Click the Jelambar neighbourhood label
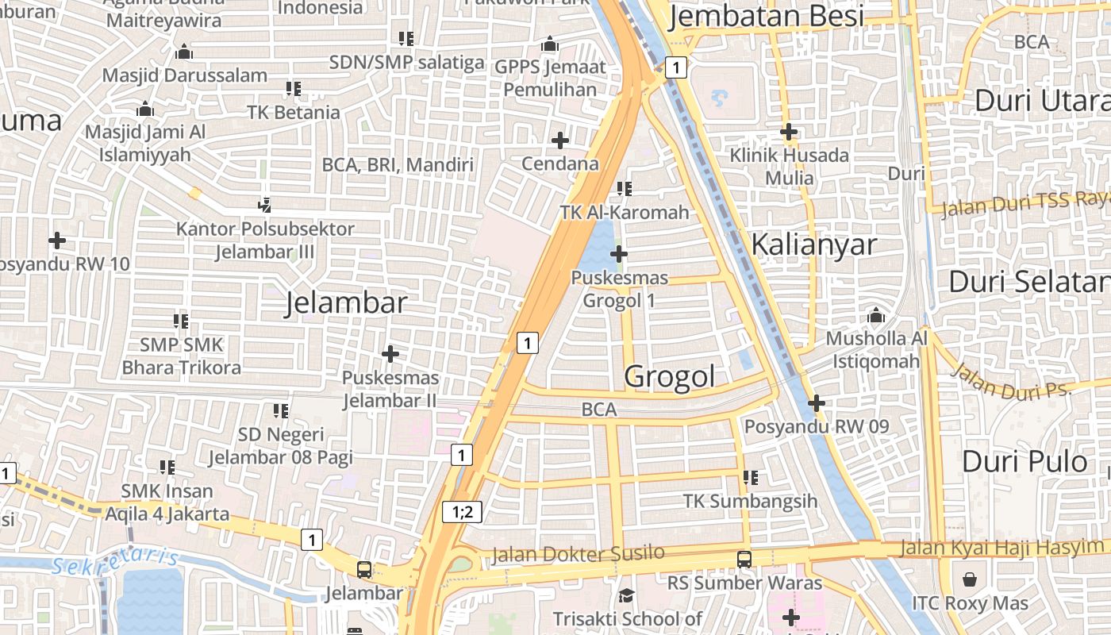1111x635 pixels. point(346,303)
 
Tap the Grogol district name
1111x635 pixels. point(670,377)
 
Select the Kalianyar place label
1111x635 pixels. point(813,245)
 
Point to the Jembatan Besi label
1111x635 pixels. point(766,16)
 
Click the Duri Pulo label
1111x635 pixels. point(1025,461)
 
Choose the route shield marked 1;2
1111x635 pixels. point(462,512)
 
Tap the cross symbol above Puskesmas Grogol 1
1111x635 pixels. point(619,255)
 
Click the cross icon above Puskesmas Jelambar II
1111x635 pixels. point(390,353)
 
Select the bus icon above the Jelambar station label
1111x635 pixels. point(363,569)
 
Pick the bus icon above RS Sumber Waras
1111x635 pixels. point(744,559)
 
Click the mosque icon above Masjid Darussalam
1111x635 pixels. point(184,52)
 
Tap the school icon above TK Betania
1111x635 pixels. point(294,89)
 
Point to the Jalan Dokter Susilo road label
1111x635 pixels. point(578,553)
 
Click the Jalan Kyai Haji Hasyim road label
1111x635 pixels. point(1001,547)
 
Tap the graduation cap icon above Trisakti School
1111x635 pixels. point(627,595)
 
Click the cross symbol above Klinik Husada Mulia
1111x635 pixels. point(788,131)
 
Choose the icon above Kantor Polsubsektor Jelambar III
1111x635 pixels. point(265,206)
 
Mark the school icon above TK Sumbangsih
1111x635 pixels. point(750,478)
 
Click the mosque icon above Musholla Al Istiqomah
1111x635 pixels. point(876,315)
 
